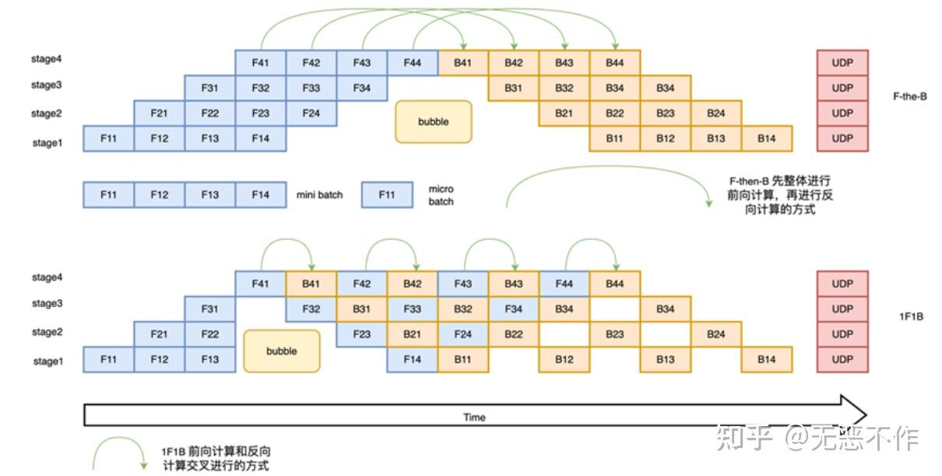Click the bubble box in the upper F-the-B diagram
(x=433, y=122)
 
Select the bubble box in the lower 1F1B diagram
(x=281, y=351)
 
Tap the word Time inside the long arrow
(x=474, y=417)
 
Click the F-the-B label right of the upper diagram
(x=909, y=97)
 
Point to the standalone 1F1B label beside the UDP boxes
(x=910, y=319)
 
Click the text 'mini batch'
(x=319, y=195)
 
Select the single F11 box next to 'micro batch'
(x=387, y=195)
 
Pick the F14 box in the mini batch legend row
(x=260, y=195)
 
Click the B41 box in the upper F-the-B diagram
(x=462, y=63)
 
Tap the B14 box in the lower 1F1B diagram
(x=767, y=360)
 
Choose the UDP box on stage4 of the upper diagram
(x=842, y=63)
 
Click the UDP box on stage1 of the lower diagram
(x=842, y=360)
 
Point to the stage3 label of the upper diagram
(x=46, y=85)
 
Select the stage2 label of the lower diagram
(x=46, y=332)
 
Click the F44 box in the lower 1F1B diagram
(x=564, y=284)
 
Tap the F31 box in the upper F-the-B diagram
(x=209, y=88)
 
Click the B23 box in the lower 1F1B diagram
(x=614, y=335)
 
